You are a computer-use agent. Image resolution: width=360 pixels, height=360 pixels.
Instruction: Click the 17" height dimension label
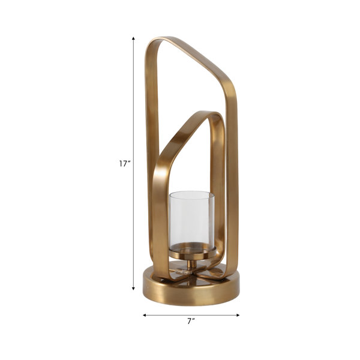[x=125, y=164]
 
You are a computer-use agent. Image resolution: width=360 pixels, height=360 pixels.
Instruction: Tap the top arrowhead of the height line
[x=133, y=38]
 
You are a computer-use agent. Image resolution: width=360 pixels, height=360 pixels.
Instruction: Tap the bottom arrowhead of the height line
[x=133, y=289]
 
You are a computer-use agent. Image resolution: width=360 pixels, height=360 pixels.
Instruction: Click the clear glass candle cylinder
[x=192, y=221]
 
